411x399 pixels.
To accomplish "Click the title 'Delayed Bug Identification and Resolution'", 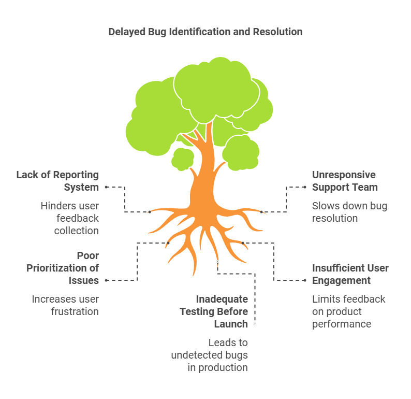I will (x=205, y=32).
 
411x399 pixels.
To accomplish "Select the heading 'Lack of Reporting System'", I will (x=57, y=181).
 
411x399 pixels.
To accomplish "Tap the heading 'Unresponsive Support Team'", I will (x=345, y=181).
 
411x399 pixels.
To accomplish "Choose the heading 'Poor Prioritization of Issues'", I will (x=65, y=268).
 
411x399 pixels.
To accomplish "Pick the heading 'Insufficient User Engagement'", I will (x=350, y=274).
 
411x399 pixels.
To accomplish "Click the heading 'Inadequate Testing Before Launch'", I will (x=214, y=311).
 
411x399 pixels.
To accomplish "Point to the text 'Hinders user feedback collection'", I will (x=70, y=218).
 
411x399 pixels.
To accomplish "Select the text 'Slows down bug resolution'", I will (x=349, y=212).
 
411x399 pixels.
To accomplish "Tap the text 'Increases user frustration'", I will (x=65, y=305).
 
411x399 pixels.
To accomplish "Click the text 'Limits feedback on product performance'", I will (x=348, y=311).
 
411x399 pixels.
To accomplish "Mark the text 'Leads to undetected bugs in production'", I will (x=210, y=355).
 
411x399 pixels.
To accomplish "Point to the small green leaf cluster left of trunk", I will (x=182, y=159).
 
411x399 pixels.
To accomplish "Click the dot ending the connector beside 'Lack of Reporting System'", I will (x=106, y=187).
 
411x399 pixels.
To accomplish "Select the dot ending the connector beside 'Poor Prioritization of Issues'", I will (x=106, y=280).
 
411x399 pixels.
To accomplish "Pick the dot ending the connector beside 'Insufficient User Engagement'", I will (x=305, y=280).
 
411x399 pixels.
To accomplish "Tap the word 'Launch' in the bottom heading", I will (x=231, y=324).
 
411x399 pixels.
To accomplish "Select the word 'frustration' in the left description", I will (x=75, y=311).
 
